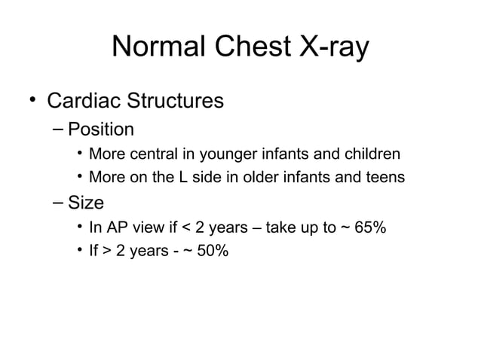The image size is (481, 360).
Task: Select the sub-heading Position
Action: pos(101,129)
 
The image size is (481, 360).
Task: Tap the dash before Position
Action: pos(60,130)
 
